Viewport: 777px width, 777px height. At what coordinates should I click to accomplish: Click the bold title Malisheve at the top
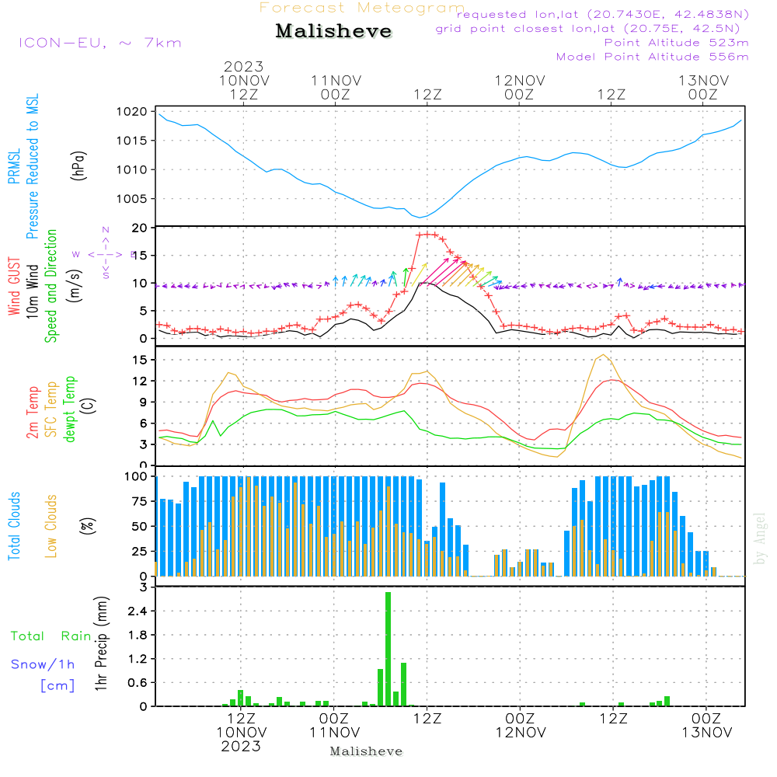[333, 32]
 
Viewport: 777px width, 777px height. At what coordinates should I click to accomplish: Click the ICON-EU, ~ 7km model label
[99, 43]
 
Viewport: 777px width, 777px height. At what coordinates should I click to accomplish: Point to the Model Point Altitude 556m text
[652, 57]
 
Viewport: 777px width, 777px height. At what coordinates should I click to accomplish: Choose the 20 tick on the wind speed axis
[140, 228]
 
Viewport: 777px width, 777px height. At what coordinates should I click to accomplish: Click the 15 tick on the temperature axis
[140, 360]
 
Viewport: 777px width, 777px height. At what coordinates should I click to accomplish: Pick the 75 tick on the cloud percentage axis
[140, 501]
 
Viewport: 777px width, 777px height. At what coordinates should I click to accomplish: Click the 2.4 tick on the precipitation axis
[137, 611]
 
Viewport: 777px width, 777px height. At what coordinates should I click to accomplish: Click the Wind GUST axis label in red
[15, 287]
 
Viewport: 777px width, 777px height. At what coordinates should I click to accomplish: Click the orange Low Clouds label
[52, 525]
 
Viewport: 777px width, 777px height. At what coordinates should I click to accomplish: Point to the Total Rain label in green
[51, 636]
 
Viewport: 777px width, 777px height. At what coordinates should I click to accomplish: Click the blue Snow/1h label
[43, 664]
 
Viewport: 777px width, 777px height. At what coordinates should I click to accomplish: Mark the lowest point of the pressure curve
[420, 217]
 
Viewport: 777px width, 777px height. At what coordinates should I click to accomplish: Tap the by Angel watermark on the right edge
[760, 538]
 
